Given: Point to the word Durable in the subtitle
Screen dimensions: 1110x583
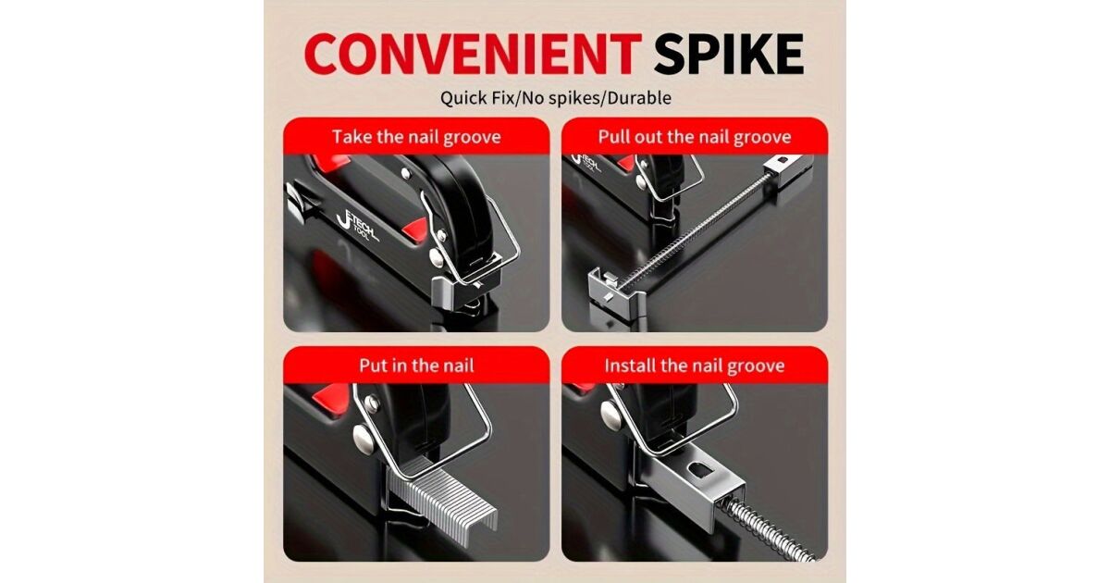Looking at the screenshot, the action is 639,98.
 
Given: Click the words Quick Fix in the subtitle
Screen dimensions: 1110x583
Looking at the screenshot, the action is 475,98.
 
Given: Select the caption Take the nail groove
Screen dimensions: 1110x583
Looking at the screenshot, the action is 416,137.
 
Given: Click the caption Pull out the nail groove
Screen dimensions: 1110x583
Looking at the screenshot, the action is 695,137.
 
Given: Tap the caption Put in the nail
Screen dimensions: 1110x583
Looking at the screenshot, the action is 416,366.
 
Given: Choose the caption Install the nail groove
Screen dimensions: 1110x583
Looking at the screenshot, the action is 695,366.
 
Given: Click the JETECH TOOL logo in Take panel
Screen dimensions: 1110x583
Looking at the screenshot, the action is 357,226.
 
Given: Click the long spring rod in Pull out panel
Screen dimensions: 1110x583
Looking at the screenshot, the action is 694,228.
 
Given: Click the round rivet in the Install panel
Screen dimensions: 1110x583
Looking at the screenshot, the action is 610,415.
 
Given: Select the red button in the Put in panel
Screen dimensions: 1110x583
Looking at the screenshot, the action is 332,399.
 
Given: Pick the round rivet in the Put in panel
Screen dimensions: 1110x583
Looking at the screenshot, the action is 364,439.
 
